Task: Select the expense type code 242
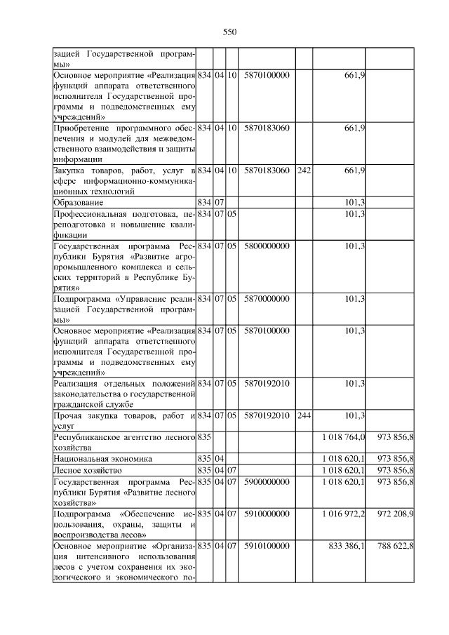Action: click(x=303, y=171)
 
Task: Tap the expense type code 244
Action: click(x=303, y=415)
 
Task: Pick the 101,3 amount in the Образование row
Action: click(x=355, y=202)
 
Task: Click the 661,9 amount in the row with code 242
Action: click(x=355, y=171)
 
